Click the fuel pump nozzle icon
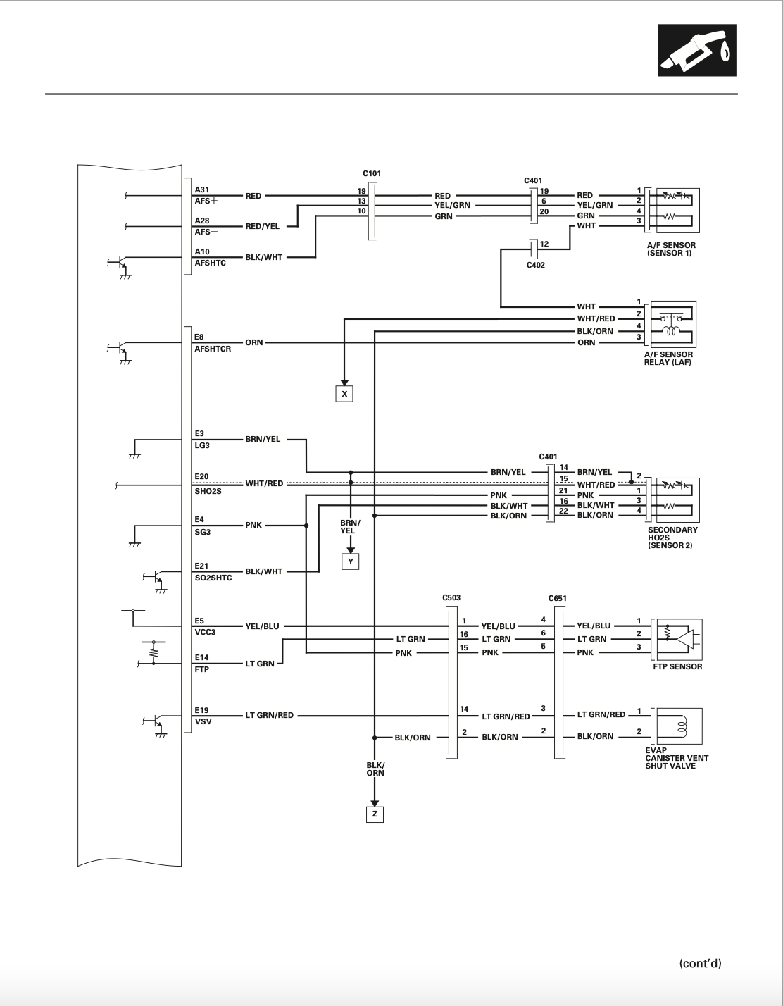697,51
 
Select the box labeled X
344,394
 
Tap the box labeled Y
351,561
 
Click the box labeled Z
375,814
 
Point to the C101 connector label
372,173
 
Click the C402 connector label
536,266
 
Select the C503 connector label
451,597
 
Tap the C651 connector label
557,598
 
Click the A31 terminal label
201,190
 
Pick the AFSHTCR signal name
213,349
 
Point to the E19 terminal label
201,710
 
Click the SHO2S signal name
208,491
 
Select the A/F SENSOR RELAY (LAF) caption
668,359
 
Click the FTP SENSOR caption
677,666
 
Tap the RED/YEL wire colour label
262,226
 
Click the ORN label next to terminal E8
254,342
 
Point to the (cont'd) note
700,964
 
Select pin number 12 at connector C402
544,244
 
